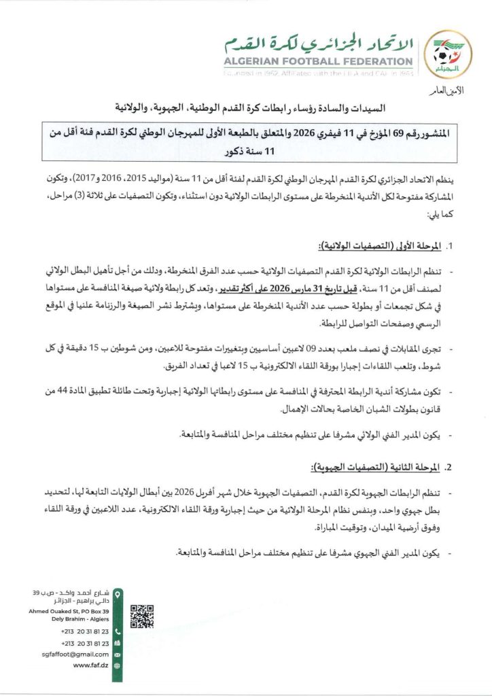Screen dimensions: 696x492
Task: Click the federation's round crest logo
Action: click(453, 52)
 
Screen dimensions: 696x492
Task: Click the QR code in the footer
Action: click(141, 616)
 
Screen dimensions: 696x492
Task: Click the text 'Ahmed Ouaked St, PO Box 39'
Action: click(71, 611)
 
